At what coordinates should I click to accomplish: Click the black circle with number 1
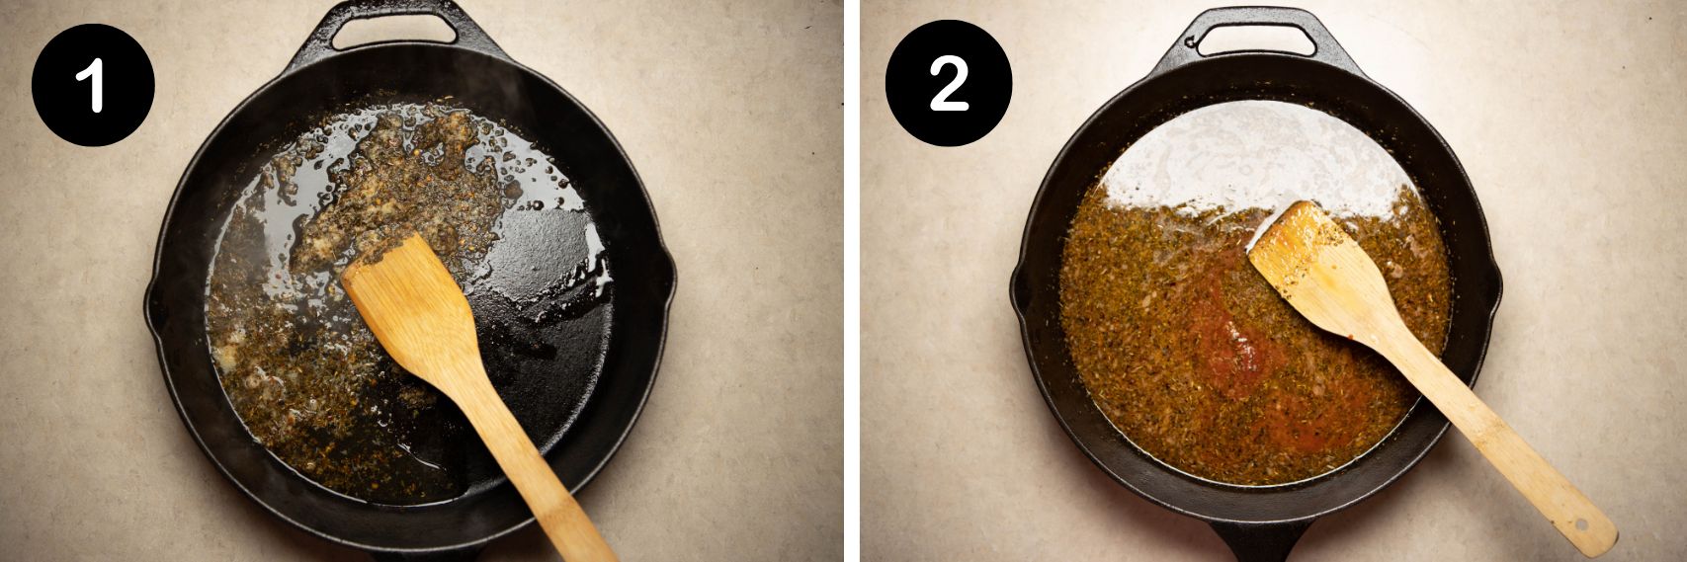point(93,85)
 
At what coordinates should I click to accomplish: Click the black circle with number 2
point(948,85)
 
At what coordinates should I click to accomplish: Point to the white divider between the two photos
point(851,281)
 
